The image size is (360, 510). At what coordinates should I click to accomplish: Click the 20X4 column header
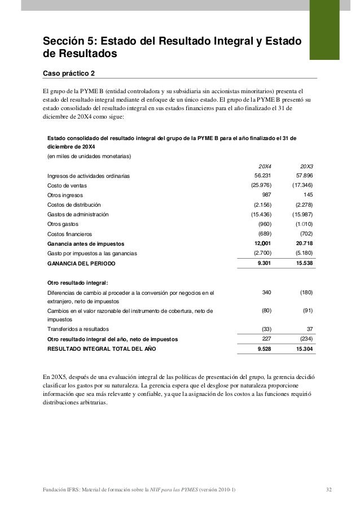point(264,166)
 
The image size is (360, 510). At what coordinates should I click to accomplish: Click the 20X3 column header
point(306,166)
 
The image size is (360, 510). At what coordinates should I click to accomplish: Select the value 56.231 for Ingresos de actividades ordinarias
point(262,176)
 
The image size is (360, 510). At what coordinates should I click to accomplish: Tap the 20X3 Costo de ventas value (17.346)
point(302,185)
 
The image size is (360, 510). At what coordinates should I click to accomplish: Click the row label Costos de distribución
point(74,205)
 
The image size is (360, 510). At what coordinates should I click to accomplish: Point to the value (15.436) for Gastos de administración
point(260,215)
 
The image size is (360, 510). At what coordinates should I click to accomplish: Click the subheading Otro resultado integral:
point(77,282)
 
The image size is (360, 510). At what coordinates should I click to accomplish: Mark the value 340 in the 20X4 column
point(267,292)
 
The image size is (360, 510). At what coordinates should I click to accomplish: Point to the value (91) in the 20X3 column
point(308,311)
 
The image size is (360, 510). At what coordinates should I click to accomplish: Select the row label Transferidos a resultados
point(78,329)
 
